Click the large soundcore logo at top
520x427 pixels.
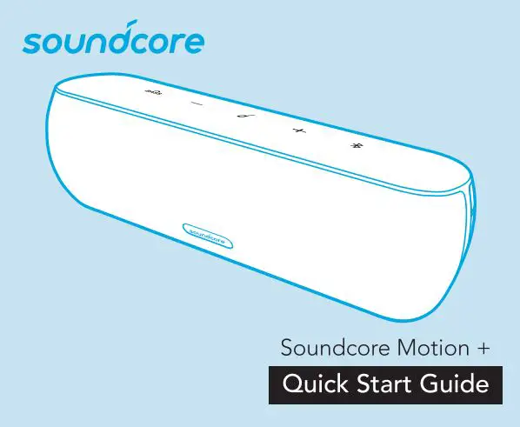(115, 40)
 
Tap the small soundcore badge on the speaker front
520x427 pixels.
(206, 233)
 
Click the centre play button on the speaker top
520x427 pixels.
(239, 117)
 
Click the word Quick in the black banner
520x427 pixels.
(312, 384)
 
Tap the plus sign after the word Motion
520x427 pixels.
(481, 350)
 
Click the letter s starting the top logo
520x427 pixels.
(34, 43)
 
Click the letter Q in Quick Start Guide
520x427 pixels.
(286, 384)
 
